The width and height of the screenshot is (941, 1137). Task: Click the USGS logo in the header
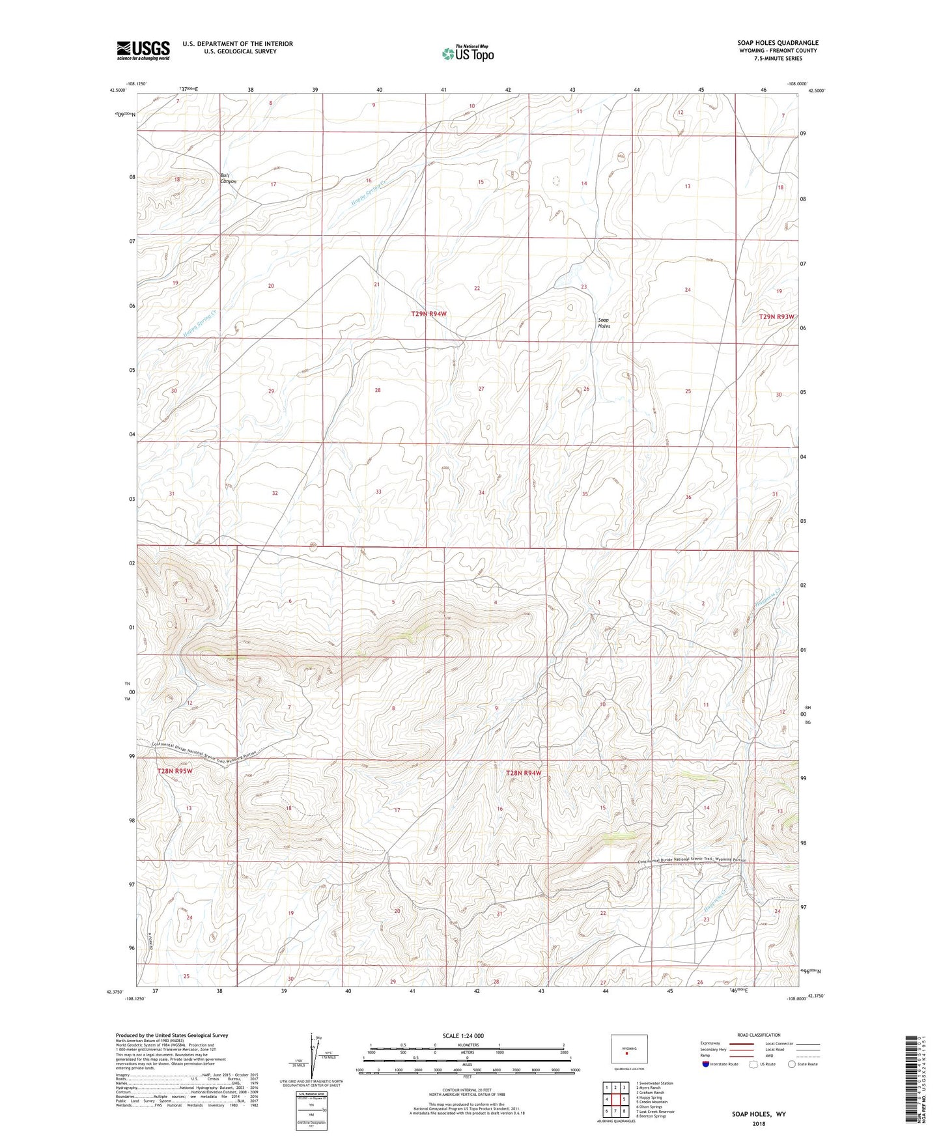click(143, 50)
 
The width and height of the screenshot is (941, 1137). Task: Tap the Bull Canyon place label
click(228, 178)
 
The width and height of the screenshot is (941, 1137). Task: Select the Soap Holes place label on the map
click(604, 322)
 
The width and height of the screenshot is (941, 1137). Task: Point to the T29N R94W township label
click(429, 314)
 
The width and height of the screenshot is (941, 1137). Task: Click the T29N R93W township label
click(776, 316)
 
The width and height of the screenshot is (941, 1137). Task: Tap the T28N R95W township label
click(175, 771)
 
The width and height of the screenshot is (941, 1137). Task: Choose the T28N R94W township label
click(524, 773)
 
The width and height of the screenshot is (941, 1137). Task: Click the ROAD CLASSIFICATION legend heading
click(759, 1035)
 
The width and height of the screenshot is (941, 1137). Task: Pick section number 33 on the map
click(378, 492)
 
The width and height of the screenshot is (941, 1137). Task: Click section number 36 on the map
click(688, 497)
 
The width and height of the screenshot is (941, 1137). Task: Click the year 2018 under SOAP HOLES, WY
click(758, 1123)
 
